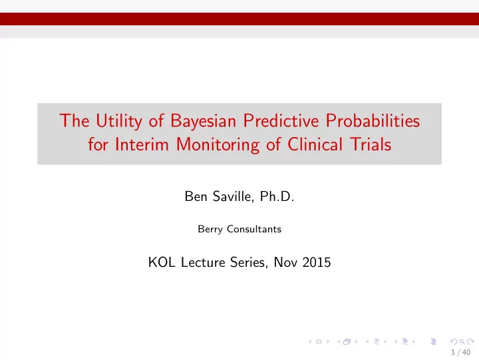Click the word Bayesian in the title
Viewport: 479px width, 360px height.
(203, 121)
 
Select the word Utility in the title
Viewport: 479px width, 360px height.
(119, 121)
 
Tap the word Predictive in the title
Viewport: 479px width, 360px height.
(281, 120)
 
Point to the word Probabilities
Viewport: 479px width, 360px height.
(373, 120)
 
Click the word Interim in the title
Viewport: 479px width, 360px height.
(142, 144)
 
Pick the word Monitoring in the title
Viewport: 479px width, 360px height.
(218, 145)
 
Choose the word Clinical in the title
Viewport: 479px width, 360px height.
(315, 144)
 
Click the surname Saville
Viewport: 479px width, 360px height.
(233, 196)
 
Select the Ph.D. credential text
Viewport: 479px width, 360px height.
(277, 196)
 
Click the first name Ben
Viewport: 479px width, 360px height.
(196, 196)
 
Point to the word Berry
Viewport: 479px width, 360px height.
(210, 230)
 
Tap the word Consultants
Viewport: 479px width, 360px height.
(254, 229)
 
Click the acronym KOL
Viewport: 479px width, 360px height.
(162, 262)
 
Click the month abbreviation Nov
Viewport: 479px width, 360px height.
(285, 262)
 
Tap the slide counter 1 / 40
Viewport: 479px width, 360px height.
(460, 353)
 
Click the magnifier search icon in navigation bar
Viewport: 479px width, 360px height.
(462, 341)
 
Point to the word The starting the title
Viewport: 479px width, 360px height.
(75, 120)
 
